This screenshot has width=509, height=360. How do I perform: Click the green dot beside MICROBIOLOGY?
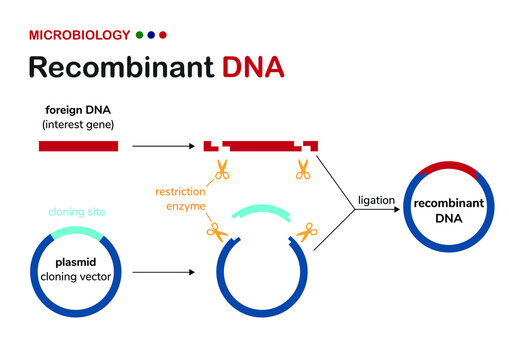139,35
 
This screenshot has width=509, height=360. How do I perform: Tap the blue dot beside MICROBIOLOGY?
151,35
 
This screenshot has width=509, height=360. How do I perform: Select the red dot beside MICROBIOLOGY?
163,35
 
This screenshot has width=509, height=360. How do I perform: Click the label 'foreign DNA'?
78,110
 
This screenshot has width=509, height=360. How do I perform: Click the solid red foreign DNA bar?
78,146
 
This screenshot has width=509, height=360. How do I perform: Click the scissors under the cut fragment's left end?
221,169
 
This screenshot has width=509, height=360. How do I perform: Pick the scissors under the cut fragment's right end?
302,169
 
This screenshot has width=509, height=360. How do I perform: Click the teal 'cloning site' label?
76,212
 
